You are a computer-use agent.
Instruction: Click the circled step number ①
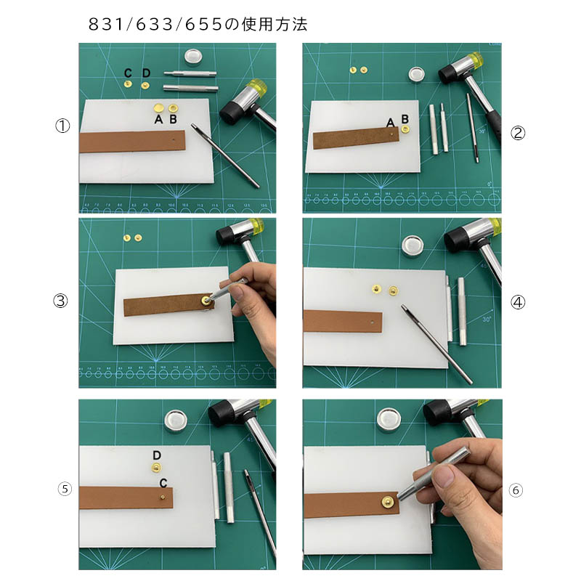pos(62,126)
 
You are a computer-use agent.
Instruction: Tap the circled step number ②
pos(518,133)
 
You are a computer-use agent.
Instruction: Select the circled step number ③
pos(60,301)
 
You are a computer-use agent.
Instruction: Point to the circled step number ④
pos(518,303)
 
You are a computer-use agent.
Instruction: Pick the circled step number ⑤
pos(65,489)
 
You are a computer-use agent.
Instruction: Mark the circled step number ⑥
pos(516,490)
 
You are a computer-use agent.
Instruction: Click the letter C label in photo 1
pos(128,73)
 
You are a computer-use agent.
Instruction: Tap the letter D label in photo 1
pos(146,73)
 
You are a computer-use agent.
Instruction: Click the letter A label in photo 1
pos(158,119)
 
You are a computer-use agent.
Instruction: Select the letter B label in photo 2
pos(405,119)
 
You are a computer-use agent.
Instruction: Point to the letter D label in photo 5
pos(157,455)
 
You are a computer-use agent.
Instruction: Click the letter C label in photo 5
pos(163,483)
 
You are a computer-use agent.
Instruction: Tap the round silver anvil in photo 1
pos(192,57)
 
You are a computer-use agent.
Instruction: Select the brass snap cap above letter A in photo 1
pos(158,108)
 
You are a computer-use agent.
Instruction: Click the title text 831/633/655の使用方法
pos(198,25)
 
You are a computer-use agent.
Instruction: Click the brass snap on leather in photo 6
pos(389,502)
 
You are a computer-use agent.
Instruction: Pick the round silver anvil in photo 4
pos(413,246)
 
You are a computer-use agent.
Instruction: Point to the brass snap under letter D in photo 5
pos(156,468)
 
